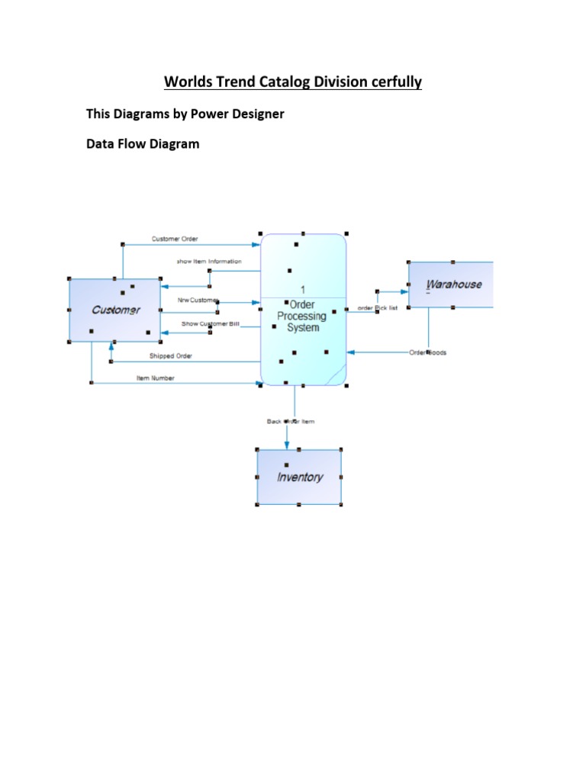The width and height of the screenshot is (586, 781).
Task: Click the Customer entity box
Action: [115, 310]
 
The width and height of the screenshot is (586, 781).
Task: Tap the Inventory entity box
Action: [299, 477]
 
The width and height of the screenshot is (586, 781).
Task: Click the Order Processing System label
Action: [301, 316]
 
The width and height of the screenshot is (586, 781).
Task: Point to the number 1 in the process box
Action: [303, 290]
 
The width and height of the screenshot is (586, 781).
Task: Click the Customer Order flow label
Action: [175, 239]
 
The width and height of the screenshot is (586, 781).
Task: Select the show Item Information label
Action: [209, 262]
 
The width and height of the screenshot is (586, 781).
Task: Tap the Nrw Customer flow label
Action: [198, 301]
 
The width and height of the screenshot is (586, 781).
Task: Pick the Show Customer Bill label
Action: [210, 324]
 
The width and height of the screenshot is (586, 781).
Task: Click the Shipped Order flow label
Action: [171, 355]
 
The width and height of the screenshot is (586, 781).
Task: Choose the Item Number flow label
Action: [155, 378]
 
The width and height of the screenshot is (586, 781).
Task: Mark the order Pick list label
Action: [377, 308]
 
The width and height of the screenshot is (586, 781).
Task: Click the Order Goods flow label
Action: [427, 352]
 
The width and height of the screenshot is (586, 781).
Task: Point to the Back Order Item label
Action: [290, 421]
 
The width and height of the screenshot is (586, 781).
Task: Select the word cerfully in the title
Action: [391, 82]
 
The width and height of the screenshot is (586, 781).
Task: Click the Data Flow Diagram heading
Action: [143, 143]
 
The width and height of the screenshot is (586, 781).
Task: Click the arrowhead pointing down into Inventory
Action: [287, 445]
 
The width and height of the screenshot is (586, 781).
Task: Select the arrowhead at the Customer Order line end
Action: [256, 245]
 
